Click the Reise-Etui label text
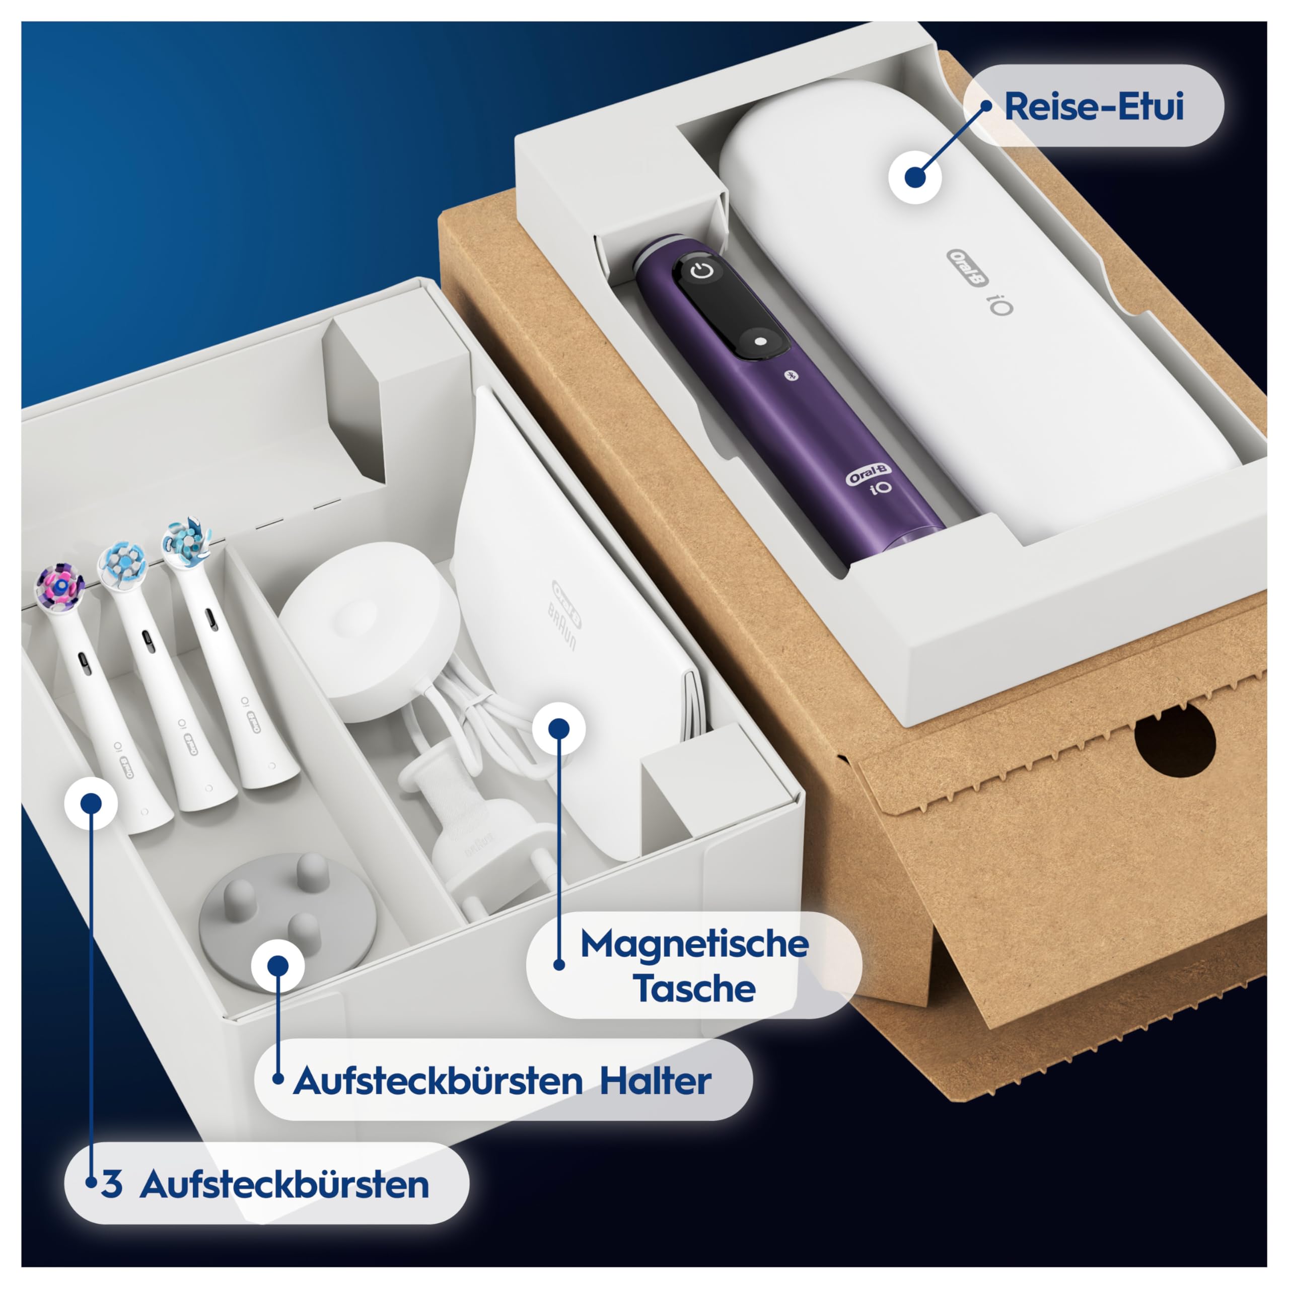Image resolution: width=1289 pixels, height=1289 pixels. pos(1094,107)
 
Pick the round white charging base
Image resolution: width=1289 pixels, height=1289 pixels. pos(361,630)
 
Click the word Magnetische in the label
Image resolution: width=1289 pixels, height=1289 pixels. pos(694,945)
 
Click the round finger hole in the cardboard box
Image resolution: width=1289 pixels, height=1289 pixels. pos(1175,740)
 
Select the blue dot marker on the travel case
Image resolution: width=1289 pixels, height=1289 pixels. pos(915,177)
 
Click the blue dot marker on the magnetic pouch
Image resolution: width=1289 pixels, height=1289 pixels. pos(559,728)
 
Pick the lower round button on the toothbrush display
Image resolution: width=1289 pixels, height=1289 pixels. pos(761,341)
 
